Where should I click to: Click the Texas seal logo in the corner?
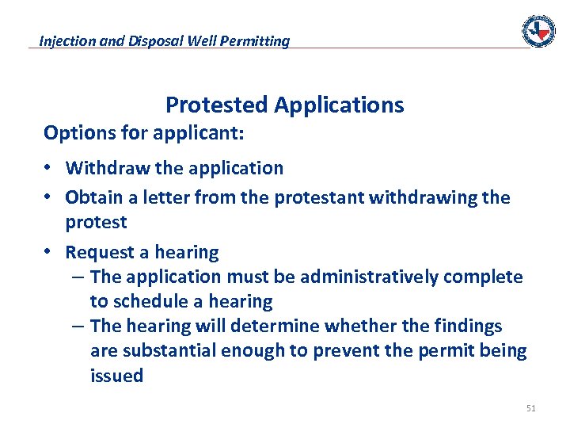pyautogui.click(x=538, y=31)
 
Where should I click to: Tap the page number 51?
pyautogui.click(x=530, y=409)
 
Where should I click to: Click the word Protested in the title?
pyautogui.click(x=218, y=105)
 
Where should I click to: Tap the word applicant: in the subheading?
pyautogui.click(x=202, y=133)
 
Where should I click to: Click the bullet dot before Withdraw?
pyautogui.click(x=49, y=168)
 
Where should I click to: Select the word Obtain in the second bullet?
pyautogui.click(x=91, y=197)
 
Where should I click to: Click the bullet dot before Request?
pyautogui.click(x=49, y=252)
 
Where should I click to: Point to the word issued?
pyautogui.click(x=116, y=376)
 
